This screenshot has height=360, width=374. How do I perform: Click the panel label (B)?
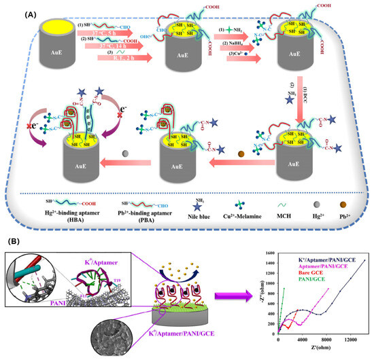coord(14,240)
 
